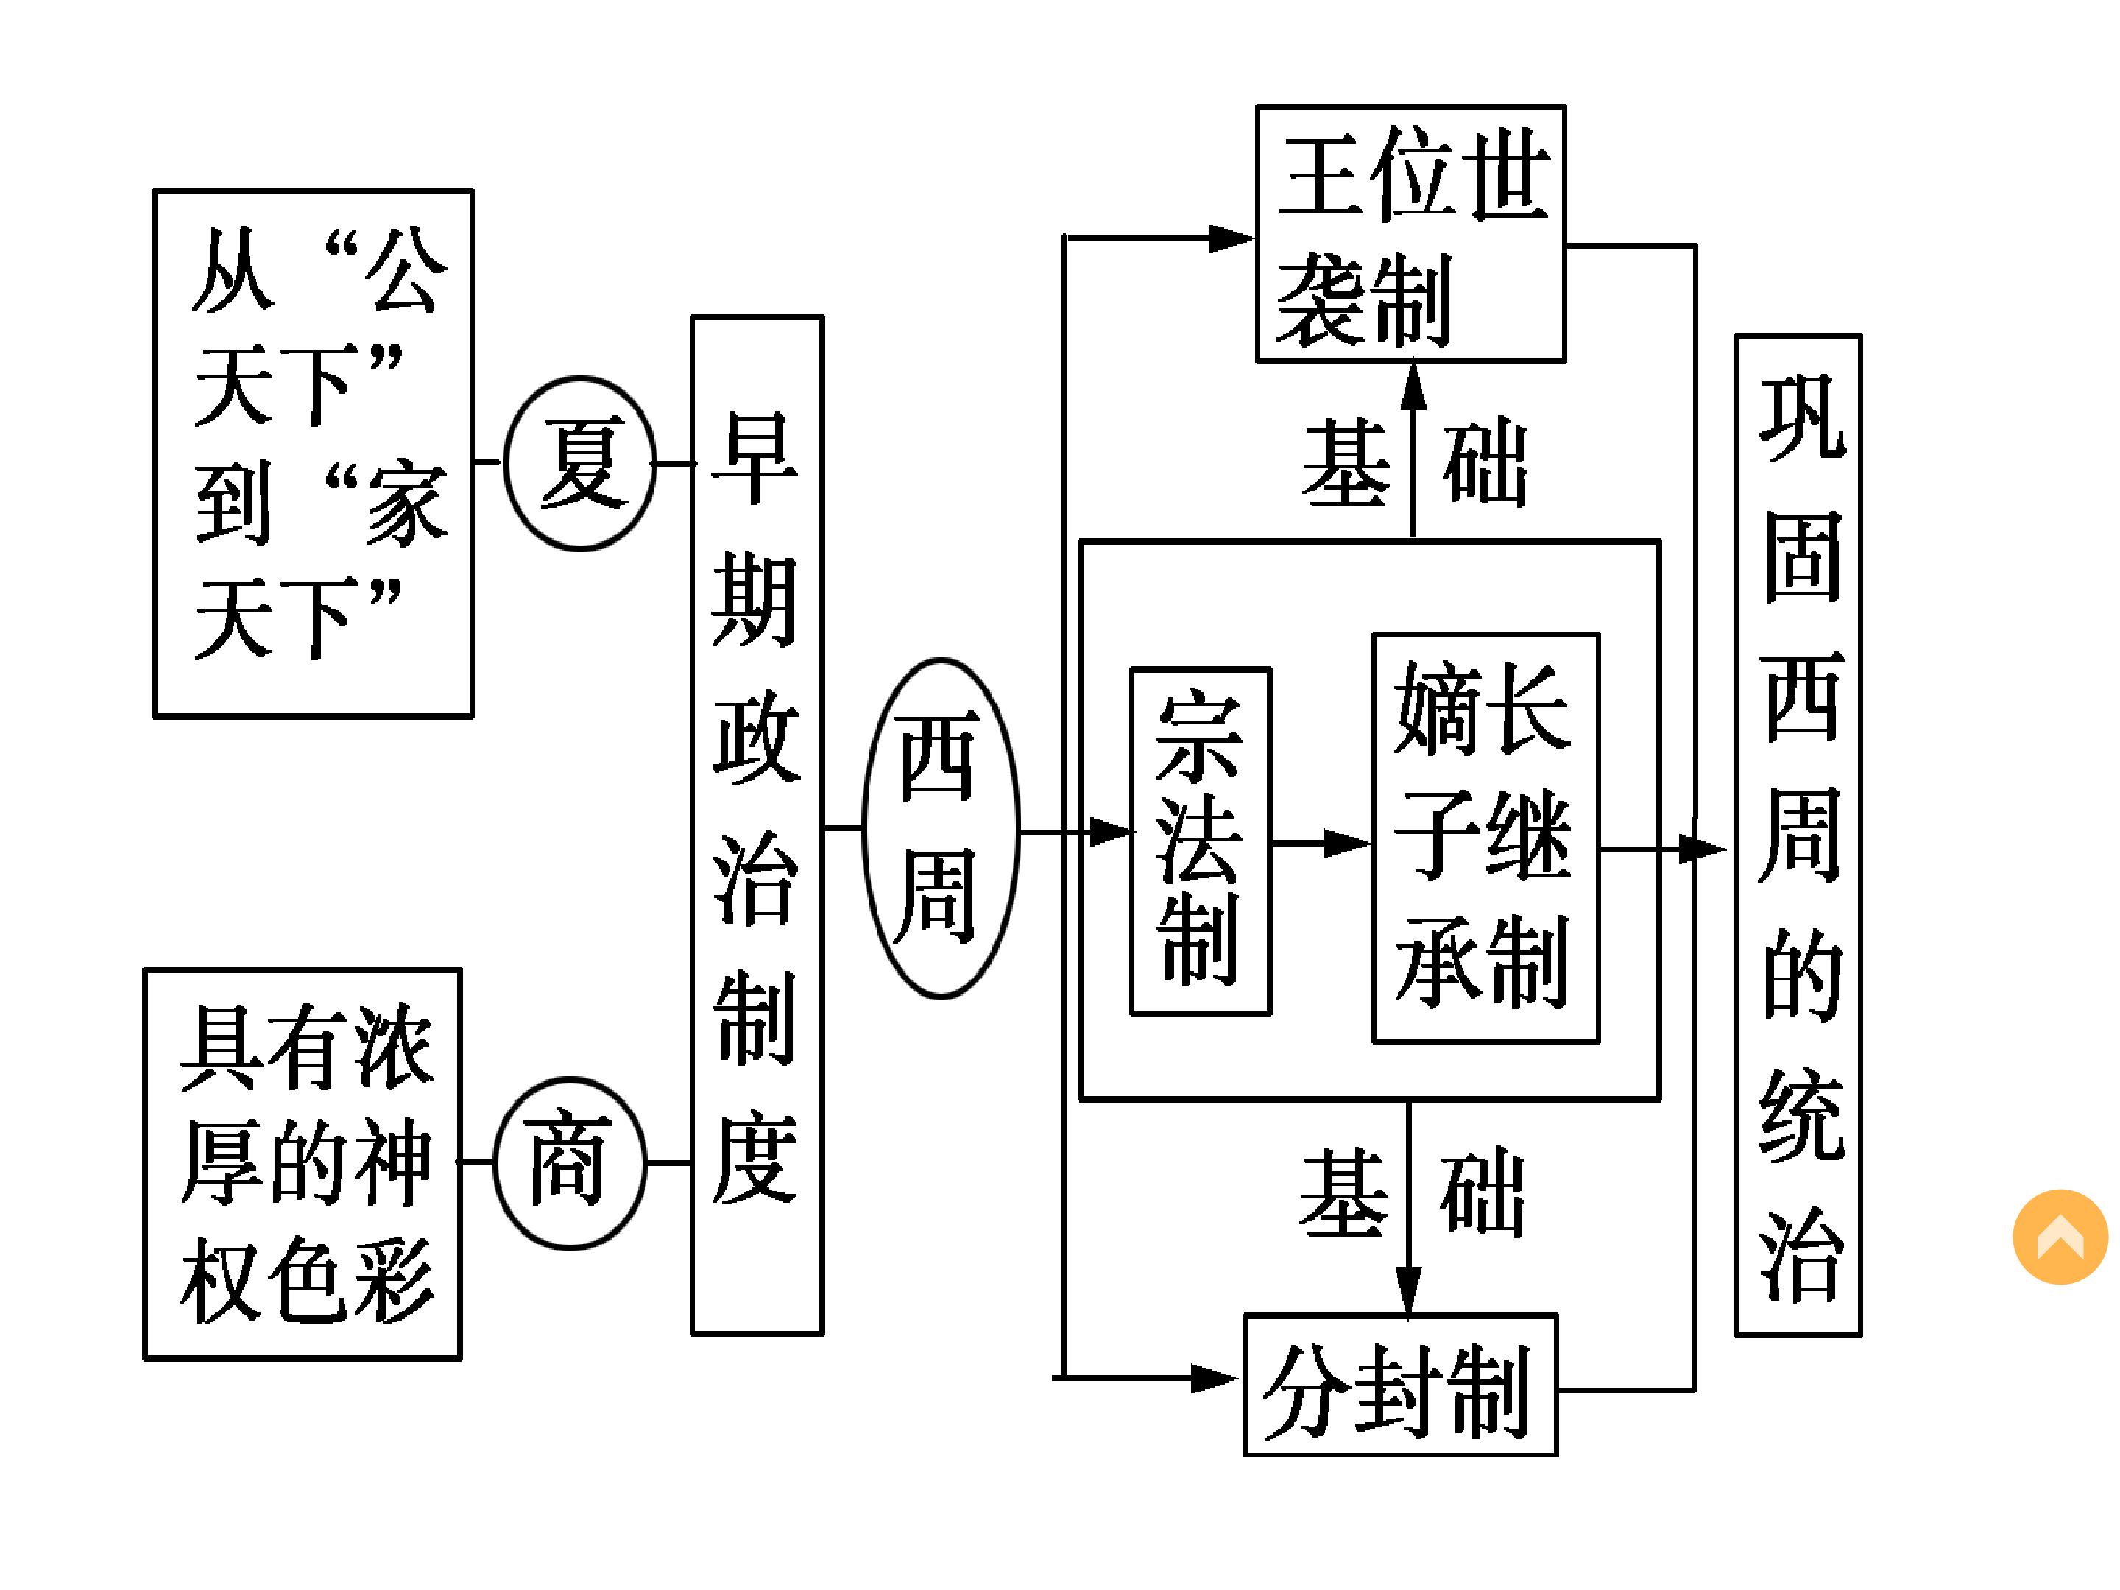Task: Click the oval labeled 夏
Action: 580,464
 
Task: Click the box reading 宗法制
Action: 1200,841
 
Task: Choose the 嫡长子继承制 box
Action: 1485,838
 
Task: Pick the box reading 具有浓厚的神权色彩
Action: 302,1164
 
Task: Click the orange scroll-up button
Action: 2060,1237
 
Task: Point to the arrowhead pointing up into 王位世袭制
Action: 1413,384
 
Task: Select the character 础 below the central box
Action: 1482,1193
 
